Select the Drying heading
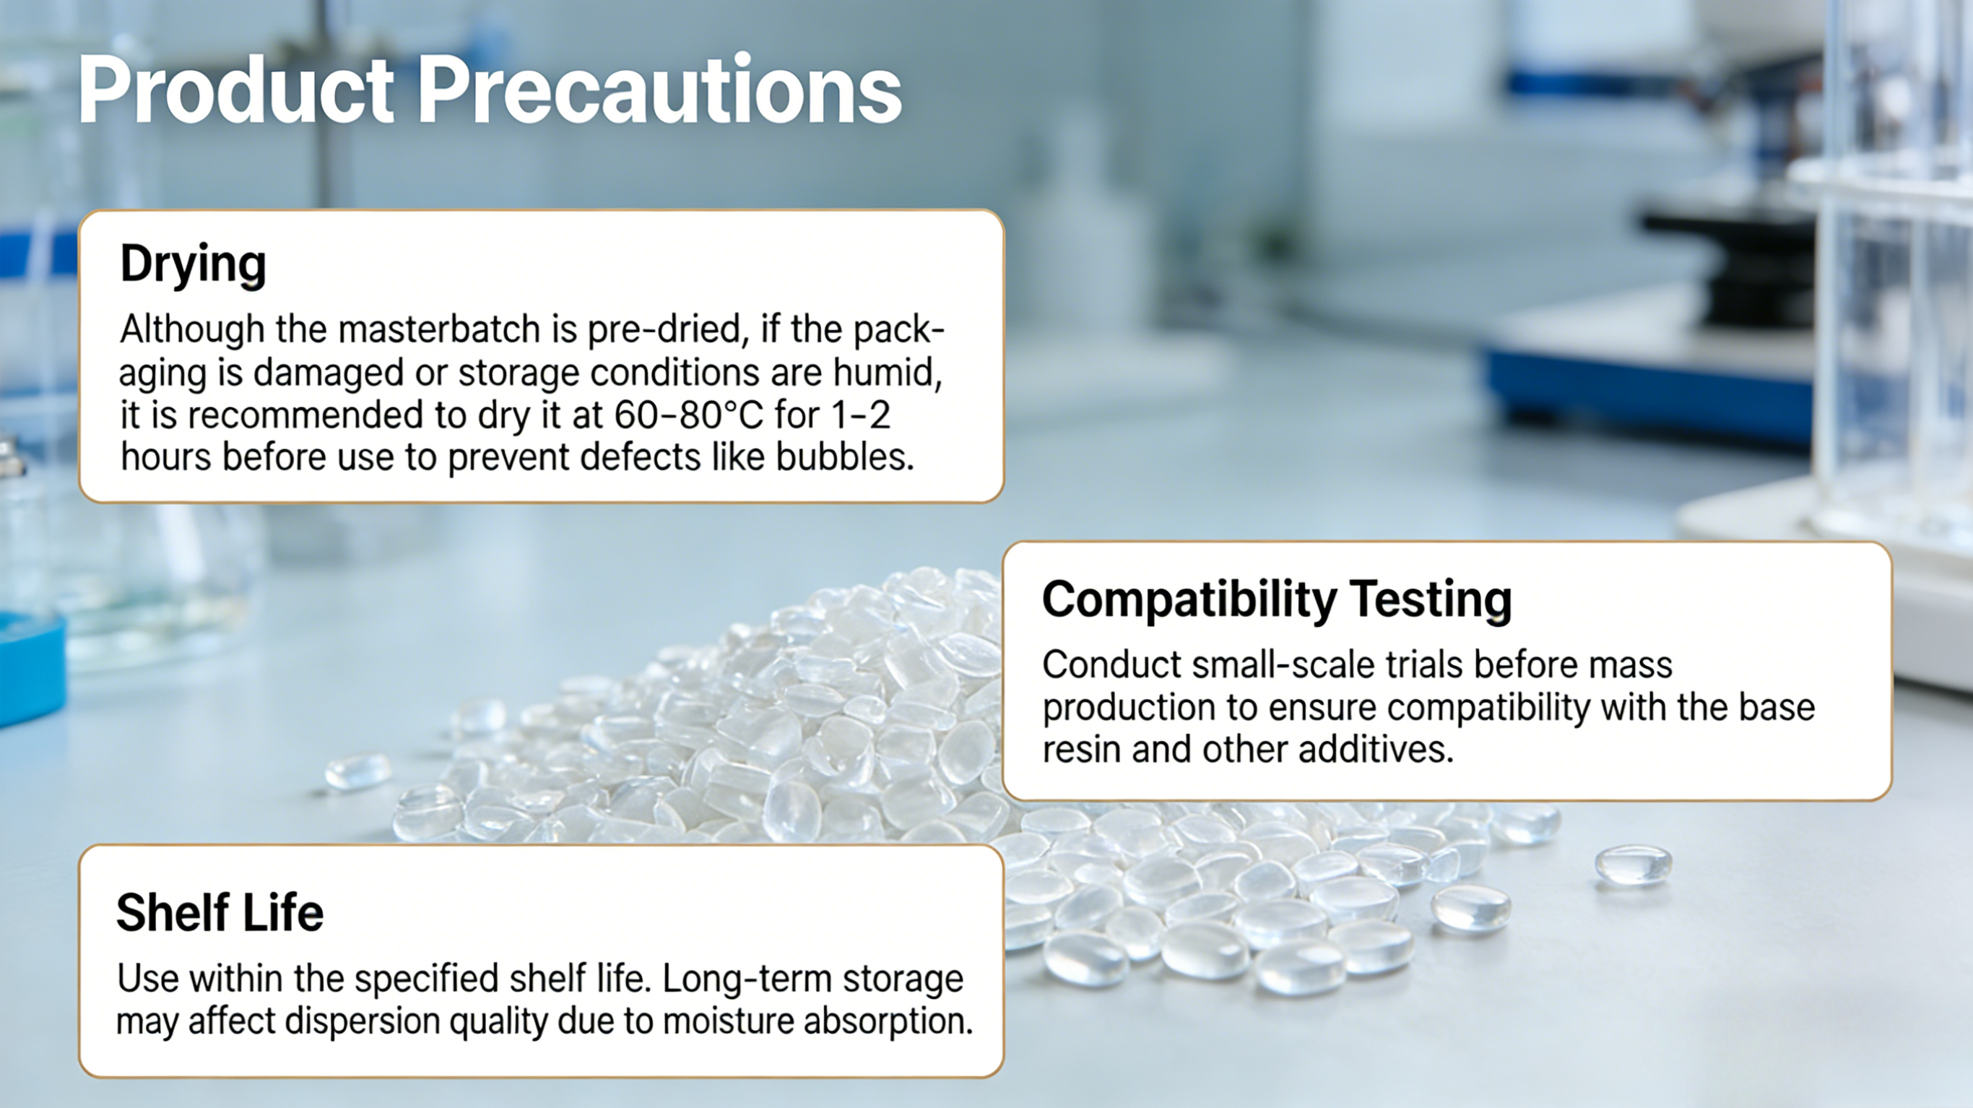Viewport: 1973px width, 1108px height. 193,265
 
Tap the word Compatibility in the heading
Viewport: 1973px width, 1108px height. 1189,600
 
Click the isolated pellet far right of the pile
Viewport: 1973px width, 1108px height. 1633,864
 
